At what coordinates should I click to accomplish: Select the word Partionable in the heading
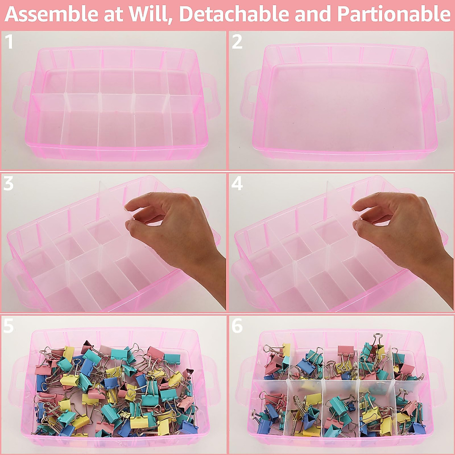(393, 14)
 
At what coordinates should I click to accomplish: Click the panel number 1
(9, 42)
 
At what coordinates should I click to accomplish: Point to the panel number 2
(237, 42)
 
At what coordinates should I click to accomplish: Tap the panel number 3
(8, 184)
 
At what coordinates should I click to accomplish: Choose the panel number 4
(237, 184)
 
